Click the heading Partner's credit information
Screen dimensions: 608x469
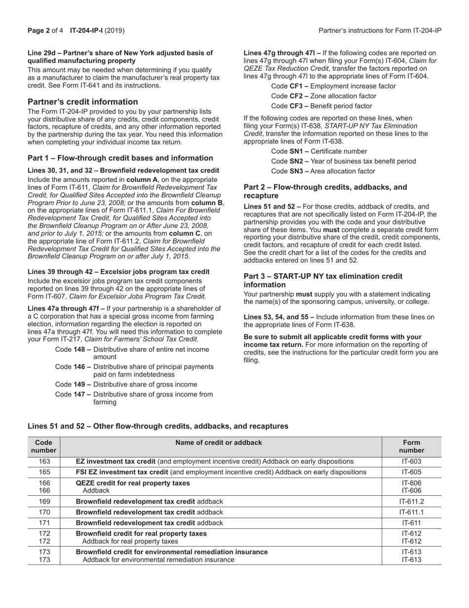82,102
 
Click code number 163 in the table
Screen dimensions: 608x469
44,461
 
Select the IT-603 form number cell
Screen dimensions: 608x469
411,461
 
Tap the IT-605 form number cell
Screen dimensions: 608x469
411,472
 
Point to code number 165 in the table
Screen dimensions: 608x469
44,472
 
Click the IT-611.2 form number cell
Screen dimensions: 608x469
411,501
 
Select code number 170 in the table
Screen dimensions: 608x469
44,512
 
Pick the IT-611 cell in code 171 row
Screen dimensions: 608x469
411,522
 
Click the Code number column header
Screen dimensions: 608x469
44,446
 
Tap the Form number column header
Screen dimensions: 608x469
411,446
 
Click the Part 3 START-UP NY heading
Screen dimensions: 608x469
323,280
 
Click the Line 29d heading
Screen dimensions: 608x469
120,56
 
